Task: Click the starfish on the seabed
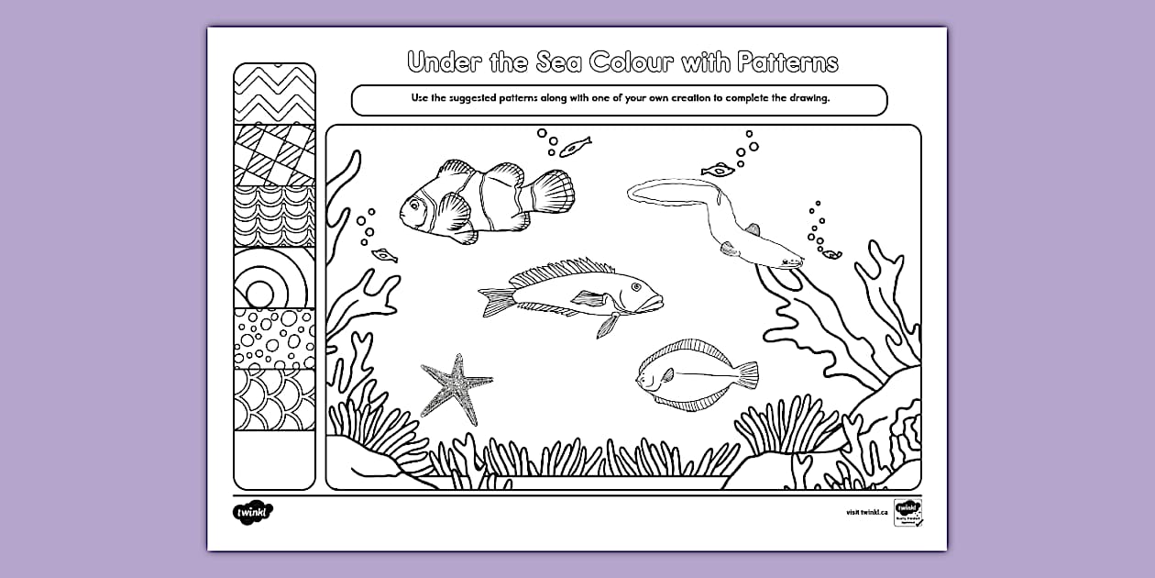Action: point(453,385)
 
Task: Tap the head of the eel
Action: point(789,261)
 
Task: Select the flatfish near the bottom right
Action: point(694,374)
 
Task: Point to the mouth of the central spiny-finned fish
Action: point(658,301)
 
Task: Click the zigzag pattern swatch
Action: point(274,94)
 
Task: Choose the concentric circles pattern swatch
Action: point(274,277)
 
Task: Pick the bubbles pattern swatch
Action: point(274,338)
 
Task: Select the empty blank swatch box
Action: point(274,460)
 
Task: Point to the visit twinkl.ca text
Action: point(866,512)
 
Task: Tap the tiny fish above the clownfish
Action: point(576,145)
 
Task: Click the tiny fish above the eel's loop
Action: point(718,169)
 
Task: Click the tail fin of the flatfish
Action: point(748,374)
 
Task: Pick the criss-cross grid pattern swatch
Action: point(274,154)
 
